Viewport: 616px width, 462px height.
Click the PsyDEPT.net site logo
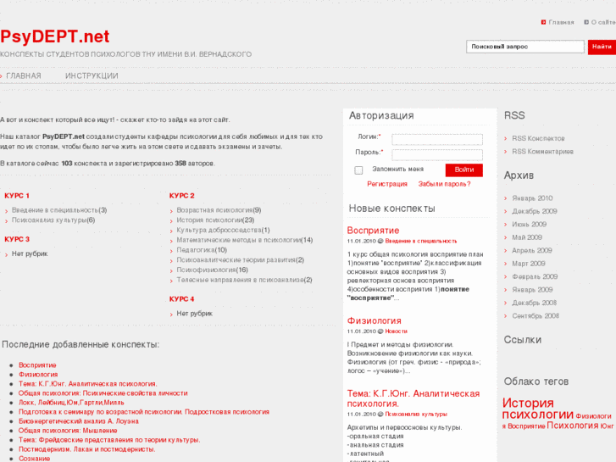pyautogui.click(x=55, y=36)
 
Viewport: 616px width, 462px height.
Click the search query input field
pyautogui.click(x=524, y=47)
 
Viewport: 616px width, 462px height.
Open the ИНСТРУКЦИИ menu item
pyautogui.click(x=92, y=75)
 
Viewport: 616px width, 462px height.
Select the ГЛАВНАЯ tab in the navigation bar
pyautogui.click(x=24, y=75)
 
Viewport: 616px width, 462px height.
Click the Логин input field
pyautogui.click(x=436, y=139)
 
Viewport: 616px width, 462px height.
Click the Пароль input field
pyautogui.click(x=436, y=154)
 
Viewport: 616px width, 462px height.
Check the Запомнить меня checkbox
pyautogui.click(x=358, y=170)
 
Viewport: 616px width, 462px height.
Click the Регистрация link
pyautogui.click(x=387, y=183)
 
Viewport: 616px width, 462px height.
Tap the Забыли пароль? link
pyautogui.click(x=444, y=183)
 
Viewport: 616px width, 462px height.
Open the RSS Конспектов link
pyautogui.click(x=538, y=138)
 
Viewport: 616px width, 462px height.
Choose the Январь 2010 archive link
pyautogui.click(x=532, y=198)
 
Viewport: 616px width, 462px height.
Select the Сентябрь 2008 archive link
pyautogui.click(x=536, y=316)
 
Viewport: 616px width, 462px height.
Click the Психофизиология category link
pyautogui.click(x=206, y=270)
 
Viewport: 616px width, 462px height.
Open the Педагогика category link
pyautogui.click(x=196, y=250)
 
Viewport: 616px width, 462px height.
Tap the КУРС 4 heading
pyautogui.click(x=181, y=299)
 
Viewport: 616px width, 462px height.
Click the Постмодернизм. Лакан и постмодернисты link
pyautogui.click(x=86, y=448)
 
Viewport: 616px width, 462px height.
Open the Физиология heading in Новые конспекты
pyautogui.click(x=374, y=320)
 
